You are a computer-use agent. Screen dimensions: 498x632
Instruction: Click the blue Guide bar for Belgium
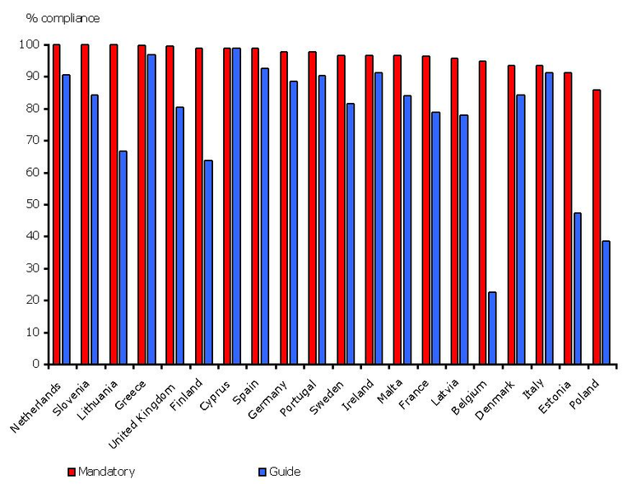pos(492,328)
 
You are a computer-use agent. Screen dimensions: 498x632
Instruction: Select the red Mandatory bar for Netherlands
pos(56,204)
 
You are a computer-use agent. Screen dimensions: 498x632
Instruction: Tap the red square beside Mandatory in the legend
pos(71,472)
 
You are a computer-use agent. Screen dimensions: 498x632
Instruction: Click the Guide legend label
pos(285,472)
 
